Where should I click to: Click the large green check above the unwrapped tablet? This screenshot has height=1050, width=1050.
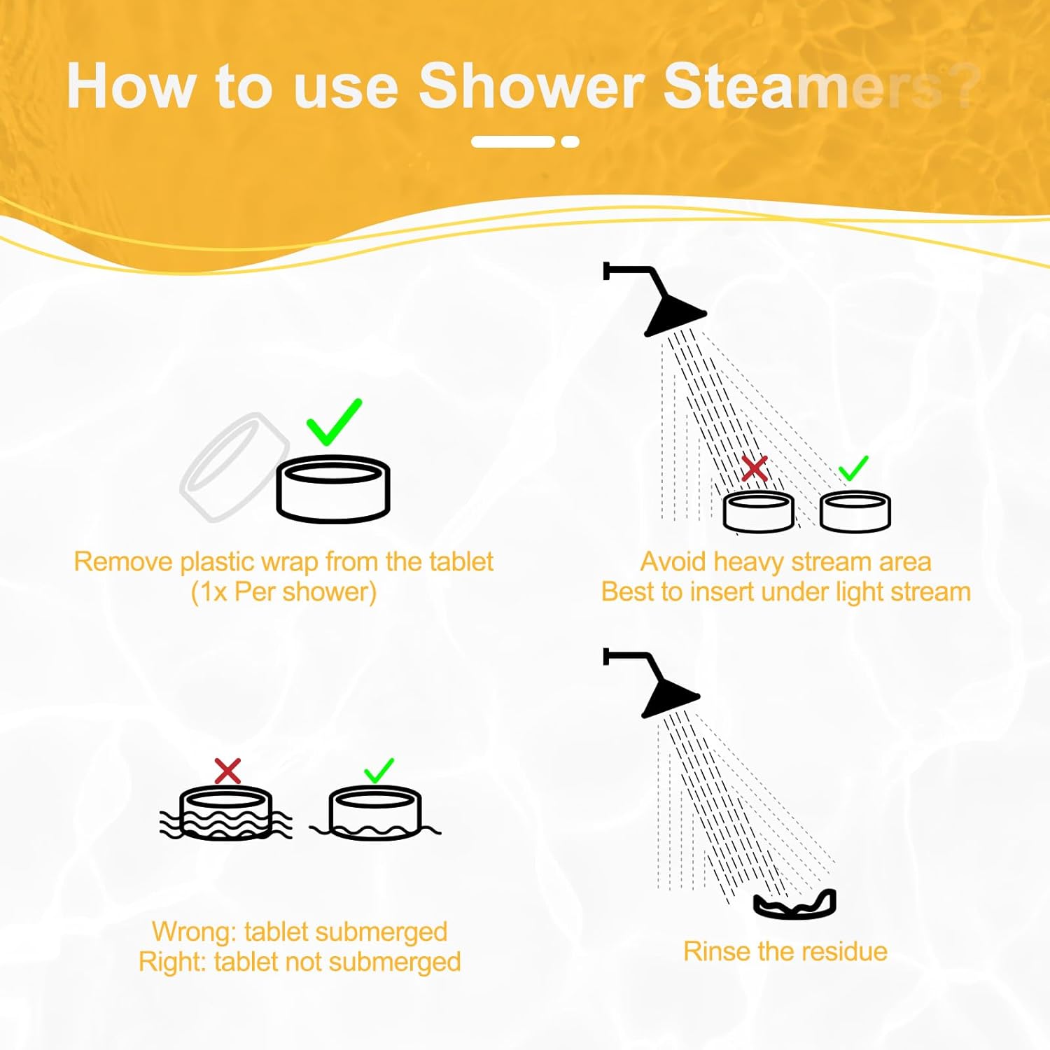[334, 422]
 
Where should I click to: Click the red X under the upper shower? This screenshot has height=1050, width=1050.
[754, 468]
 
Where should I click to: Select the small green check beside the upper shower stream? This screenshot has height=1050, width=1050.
[853, 468]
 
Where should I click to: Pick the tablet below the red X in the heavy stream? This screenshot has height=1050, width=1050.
[758, 512]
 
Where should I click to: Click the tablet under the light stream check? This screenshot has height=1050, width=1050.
[855, 512]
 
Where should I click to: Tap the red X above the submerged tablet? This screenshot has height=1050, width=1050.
[227, 771]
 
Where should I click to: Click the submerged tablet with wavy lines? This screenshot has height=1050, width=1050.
[226, 813]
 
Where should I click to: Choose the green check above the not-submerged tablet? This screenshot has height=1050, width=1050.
[379, 771]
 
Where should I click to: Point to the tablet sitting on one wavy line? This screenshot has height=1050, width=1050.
[375, 813]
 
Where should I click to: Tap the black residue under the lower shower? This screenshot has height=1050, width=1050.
[795, 904]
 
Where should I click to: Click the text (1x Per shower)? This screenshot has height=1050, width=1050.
[283, 592]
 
